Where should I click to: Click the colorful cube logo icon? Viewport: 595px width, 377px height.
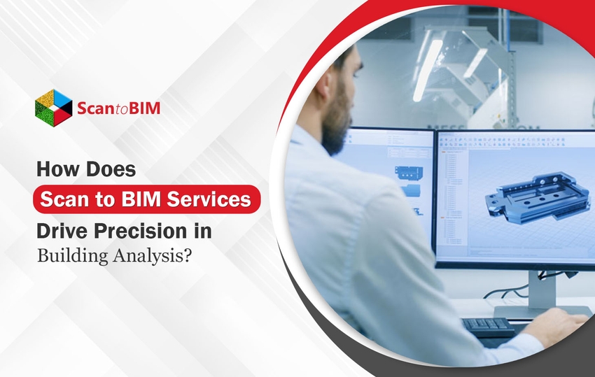53,106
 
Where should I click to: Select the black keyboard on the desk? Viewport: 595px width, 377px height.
488,326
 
